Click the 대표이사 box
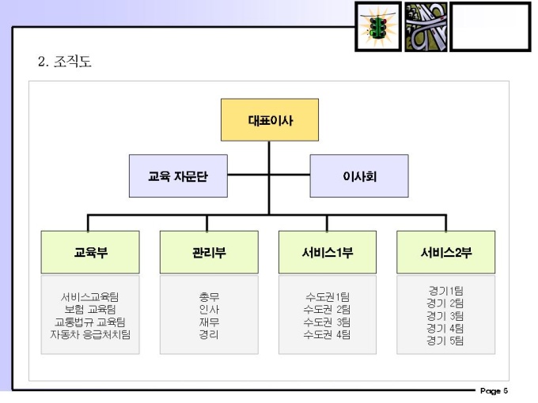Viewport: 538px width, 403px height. [x=269, y=119]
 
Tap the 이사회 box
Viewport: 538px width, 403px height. [x=358, y=175]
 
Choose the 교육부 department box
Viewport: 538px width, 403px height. [x=90, y=252]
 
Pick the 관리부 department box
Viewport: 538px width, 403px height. [x=209, y=252]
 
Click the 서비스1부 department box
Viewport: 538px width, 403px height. [x=328, y=252]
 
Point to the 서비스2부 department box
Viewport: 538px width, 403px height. [x=446, y=252]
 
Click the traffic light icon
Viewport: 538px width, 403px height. [x=377, y=27]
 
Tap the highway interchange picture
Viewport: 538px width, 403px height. [x=426, y=27]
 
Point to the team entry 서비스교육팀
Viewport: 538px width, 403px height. [x=89, y=297]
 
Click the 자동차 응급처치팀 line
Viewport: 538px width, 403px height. [x=89, y=334]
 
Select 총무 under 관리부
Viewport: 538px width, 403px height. [x=209, y=297]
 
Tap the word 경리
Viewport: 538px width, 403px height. [x=209, y=334]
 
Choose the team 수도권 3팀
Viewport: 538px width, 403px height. [x=328, y=322]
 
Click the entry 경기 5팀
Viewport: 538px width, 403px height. [x=445, y=341]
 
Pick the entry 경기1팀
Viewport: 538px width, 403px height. [x=445, y=291]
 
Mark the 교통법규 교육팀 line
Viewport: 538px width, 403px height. [x=89, y=322]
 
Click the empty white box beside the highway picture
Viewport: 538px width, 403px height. [x=491, y=27]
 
